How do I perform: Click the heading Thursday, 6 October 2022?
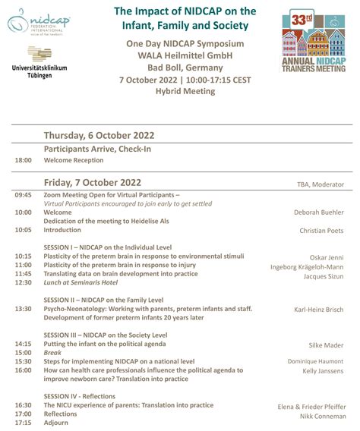tap(99, 136)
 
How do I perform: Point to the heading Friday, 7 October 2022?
tap(93, 182)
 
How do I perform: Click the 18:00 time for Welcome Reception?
tap(23, 161)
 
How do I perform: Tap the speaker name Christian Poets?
tap(322, 230)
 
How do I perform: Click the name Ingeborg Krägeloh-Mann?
tap(307, 267)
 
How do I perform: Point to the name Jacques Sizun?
tap(325, 277)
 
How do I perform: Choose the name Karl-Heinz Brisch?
tap(319, 310)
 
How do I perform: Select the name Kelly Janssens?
tap(324, 372)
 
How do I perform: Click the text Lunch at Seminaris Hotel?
tap(81, 283)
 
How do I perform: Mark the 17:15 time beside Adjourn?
tap(23, 423)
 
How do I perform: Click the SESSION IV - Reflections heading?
tap(80, 396)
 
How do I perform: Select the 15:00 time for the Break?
tap(23, 353)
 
